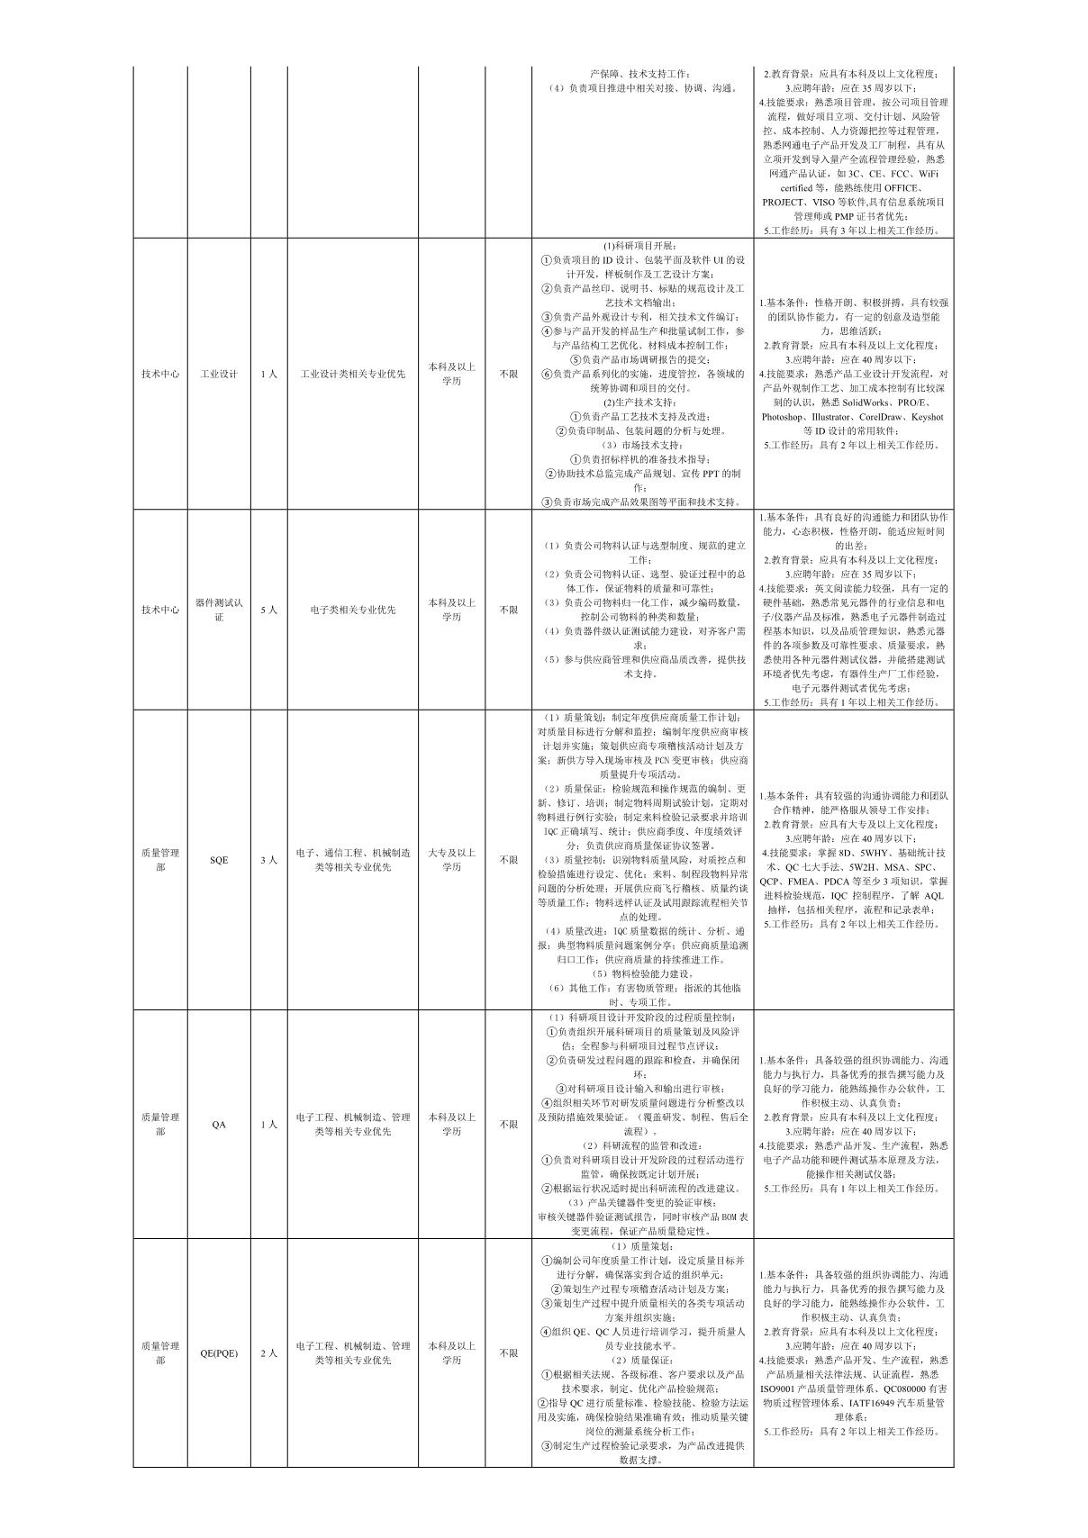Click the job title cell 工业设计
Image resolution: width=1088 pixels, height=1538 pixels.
click(218, 374)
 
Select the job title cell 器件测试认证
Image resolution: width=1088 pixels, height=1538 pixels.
click(218, 610)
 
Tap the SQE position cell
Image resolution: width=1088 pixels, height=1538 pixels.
click(219, 860)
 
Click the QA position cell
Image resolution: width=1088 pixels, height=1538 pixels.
click(219, 1124)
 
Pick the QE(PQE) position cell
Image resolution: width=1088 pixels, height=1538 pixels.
click(219, 1353)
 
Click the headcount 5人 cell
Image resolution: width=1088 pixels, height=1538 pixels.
click(268, 610)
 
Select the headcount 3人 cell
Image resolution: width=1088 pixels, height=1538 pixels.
click(268, 860)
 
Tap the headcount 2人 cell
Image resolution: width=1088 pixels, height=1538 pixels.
click(268, 1353)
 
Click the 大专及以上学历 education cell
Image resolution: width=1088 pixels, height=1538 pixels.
click(451, 860)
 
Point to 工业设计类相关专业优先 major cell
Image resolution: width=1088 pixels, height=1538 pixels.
click(352, 374)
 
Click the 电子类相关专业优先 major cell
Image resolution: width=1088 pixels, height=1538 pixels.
click(352, 610)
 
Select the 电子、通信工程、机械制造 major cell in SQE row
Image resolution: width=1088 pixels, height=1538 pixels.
click(352, 860)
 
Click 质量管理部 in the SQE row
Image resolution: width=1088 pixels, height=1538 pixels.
click(160, 860)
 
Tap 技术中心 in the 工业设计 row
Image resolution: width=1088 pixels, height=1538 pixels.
click(160, 374)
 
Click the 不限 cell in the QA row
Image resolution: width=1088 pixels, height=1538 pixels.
click(508, 1124)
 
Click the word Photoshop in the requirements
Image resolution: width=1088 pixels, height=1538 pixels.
click(788, 417)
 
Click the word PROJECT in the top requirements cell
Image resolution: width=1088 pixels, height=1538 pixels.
click(784, 202)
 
